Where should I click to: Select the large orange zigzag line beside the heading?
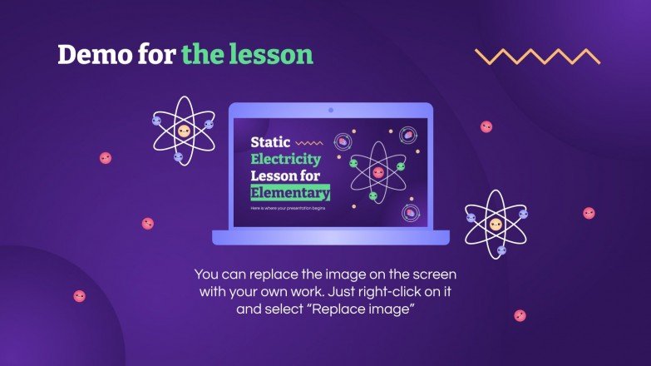(x=537, y=57)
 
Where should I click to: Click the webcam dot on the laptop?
(x=331, y=110)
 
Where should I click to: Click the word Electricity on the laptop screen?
(x=286, y=159)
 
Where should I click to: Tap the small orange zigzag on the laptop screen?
(x=309, y=143)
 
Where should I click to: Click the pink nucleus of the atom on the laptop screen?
(x=378, y=172)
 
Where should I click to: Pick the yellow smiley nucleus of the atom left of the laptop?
(x=183, y=131)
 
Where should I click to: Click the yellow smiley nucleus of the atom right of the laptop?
(x=496, y=225)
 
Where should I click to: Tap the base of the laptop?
(x=331, y=238)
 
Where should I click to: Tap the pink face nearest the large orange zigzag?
(x=486, y=126)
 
